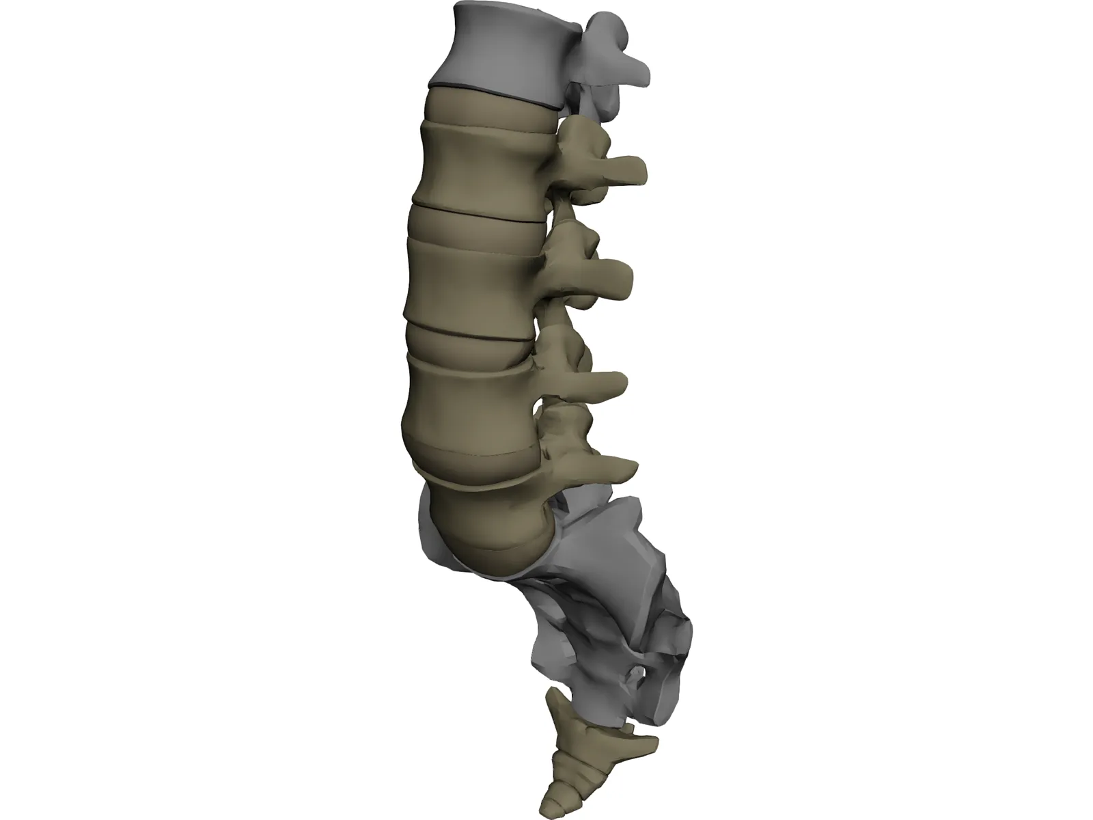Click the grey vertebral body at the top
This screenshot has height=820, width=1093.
pos(499,48)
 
